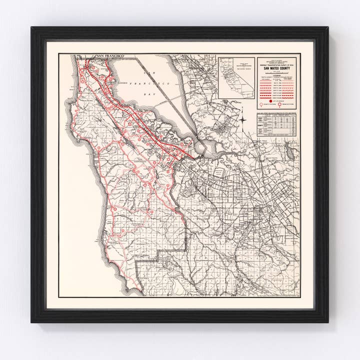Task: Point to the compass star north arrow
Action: point(242,119)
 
